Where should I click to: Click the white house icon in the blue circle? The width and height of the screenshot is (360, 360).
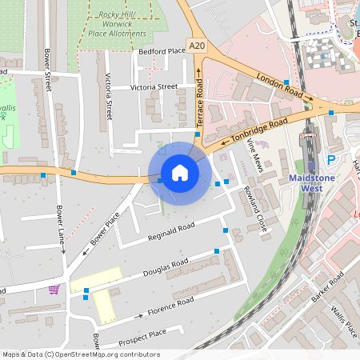pyautogui.click(x=179, y=173)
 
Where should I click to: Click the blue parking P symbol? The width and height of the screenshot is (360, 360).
pyautogui.click(x=331, y=160)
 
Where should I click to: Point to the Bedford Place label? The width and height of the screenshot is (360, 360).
pyautogui.click(x=162, y=51)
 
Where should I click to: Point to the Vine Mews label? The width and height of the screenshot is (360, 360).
pyautogui.click(x=255, y=153)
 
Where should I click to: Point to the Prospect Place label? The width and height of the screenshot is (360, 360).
pyautogui.click(x=142, y=336)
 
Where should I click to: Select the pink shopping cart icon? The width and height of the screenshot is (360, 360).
pyautogui.click(x=54, y=289)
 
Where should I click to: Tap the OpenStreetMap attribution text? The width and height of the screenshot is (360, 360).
pyautogui.click(x=81, y=354)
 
